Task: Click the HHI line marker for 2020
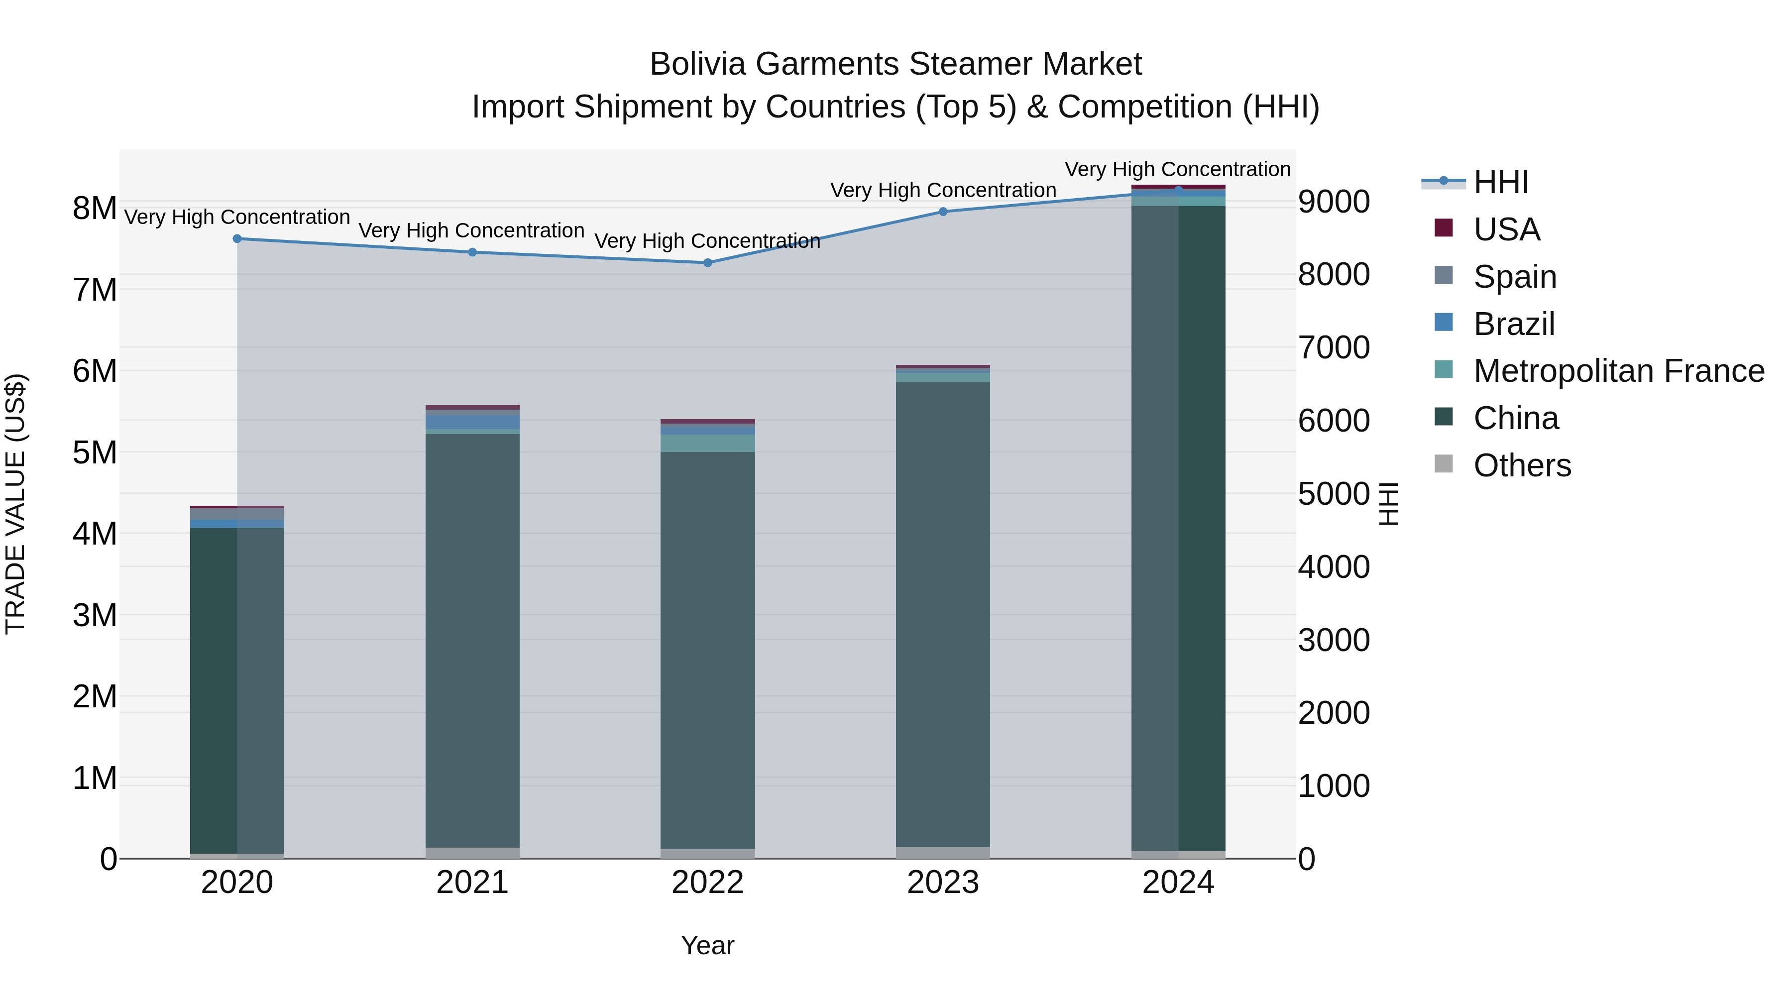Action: (x=237, y=238)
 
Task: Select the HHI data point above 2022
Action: (x=707, y=263)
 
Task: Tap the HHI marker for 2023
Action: (x=943, y=212)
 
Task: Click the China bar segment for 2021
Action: (x=472, y=640)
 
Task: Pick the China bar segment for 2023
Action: (x=943, y=612)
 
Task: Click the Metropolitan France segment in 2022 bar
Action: (x=707, y=443)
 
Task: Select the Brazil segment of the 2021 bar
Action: (x=472, y=422)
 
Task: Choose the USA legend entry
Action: (x=1506, y=229)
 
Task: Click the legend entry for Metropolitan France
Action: (x=1618, y=371)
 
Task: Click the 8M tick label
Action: (x=95, y=208)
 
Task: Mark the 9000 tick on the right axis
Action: (x=1334, y=202)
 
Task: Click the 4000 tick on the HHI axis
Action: (x=1334, y=567)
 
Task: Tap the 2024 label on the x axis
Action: (x=1178, y=883)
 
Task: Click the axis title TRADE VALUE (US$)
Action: (x=16, y=504)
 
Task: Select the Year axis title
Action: (x=707, y=945)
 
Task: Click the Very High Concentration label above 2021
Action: (x=472, y=230)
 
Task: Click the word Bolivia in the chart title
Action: (x=698, y=64)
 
